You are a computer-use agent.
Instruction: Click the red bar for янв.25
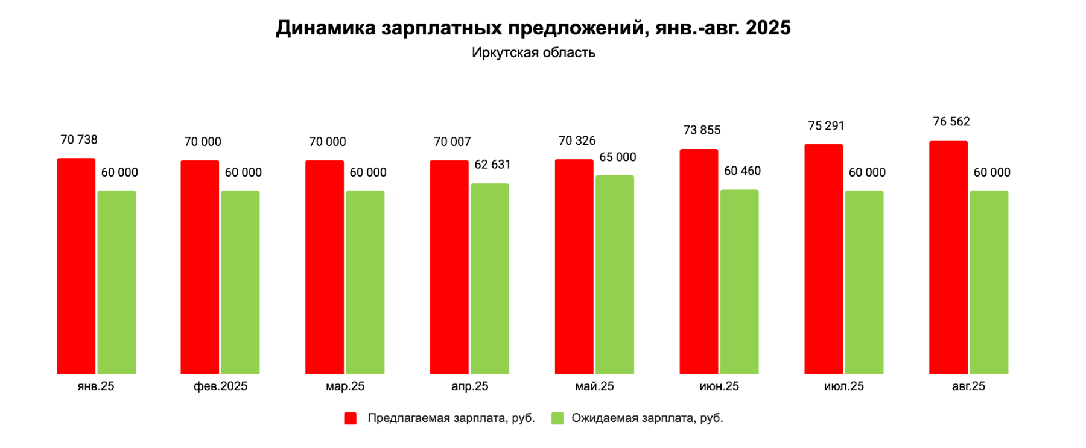[x=76, y=266]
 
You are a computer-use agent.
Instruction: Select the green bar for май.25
[x=614, y=274]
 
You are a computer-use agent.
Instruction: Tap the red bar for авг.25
[x=948, y=257]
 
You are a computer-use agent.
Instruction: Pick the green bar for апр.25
[x=489, y=279]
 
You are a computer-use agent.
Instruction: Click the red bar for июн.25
[x=699, y=261]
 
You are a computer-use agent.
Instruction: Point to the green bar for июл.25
[x=864, y=282]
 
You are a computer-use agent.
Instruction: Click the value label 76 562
[x=951, y=122]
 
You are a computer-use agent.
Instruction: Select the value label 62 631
[x=492, y=165]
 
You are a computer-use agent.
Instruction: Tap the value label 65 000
[x=617, y=157]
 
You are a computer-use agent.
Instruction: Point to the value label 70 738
[x=78, y=140]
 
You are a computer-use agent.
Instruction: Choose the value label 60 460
[x=742, y=171]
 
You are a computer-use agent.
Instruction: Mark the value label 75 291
[x=826, y=126]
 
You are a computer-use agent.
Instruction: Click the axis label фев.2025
[x=220, y=386]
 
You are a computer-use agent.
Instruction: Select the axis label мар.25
[x=345, y=386]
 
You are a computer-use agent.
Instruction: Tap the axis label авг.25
[x=968, y=386]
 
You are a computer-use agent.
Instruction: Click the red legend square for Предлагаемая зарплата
[x=350, y=418]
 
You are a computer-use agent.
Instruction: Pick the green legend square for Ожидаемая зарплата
[x=557, y=418]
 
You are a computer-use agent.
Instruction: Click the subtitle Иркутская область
[x=533, y=53]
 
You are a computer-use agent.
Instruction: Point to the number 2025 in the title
[x=768, y=28]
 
